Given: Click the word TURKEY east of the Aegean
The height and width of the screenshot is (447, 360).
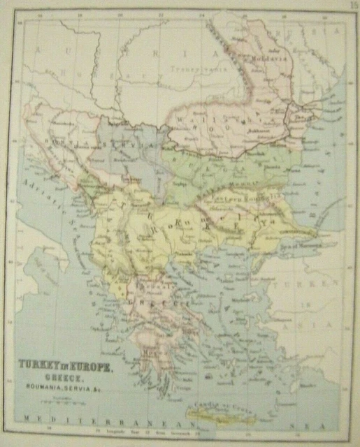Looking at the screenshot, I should pos(310,286).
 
